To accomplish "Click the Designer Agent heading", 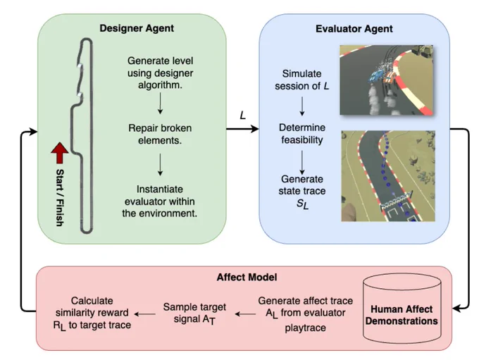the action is pyautogui.click(x=137, y=28).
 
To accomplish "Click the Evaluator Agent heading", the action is pyautogui.click(x=354, y=29).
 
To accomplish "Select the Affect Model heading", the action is pyautogui.click(x=247, y=277).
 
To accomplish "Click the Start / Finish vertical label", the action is pyautogui.click(x=60, y=197).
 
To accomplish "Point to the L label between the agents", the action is pyautogui.click(x=243, y=116).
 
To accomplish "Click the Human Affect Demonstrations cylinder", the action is pyautogui.click(x=402, y=309).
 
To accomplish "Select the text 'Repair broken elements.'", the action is pyautogui.click(x=160, y=134).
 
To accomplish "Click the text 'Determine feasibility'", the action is pyautogui.click(x=301, y=134).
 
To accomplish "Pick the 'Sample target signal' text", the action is pyautogui.click(x=194, y=314).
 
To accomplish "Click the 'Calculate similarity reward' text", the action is pyautogui.click(x=92, y=313).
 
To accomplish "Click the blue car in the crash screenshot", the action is pyautogui.click(x=377, y=75).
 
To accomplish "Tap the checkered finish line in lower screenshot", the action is pyautogui.click(x=397, y=199).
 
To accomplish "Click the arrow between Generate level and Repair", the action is pyautogui.click(x=160, y=104).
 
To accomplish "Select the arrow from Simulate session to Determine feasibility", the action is pyautogui.click(x=301, y=106).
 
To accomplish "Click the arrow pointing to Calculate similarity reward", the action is pyautogui.click(x=145, y=314).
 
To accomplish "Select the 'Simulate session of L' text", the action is pyautogui.click(x=301, y=80).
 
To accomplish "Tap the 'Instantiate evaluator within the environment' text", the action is pyautogui.click(x=160, y=201).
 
